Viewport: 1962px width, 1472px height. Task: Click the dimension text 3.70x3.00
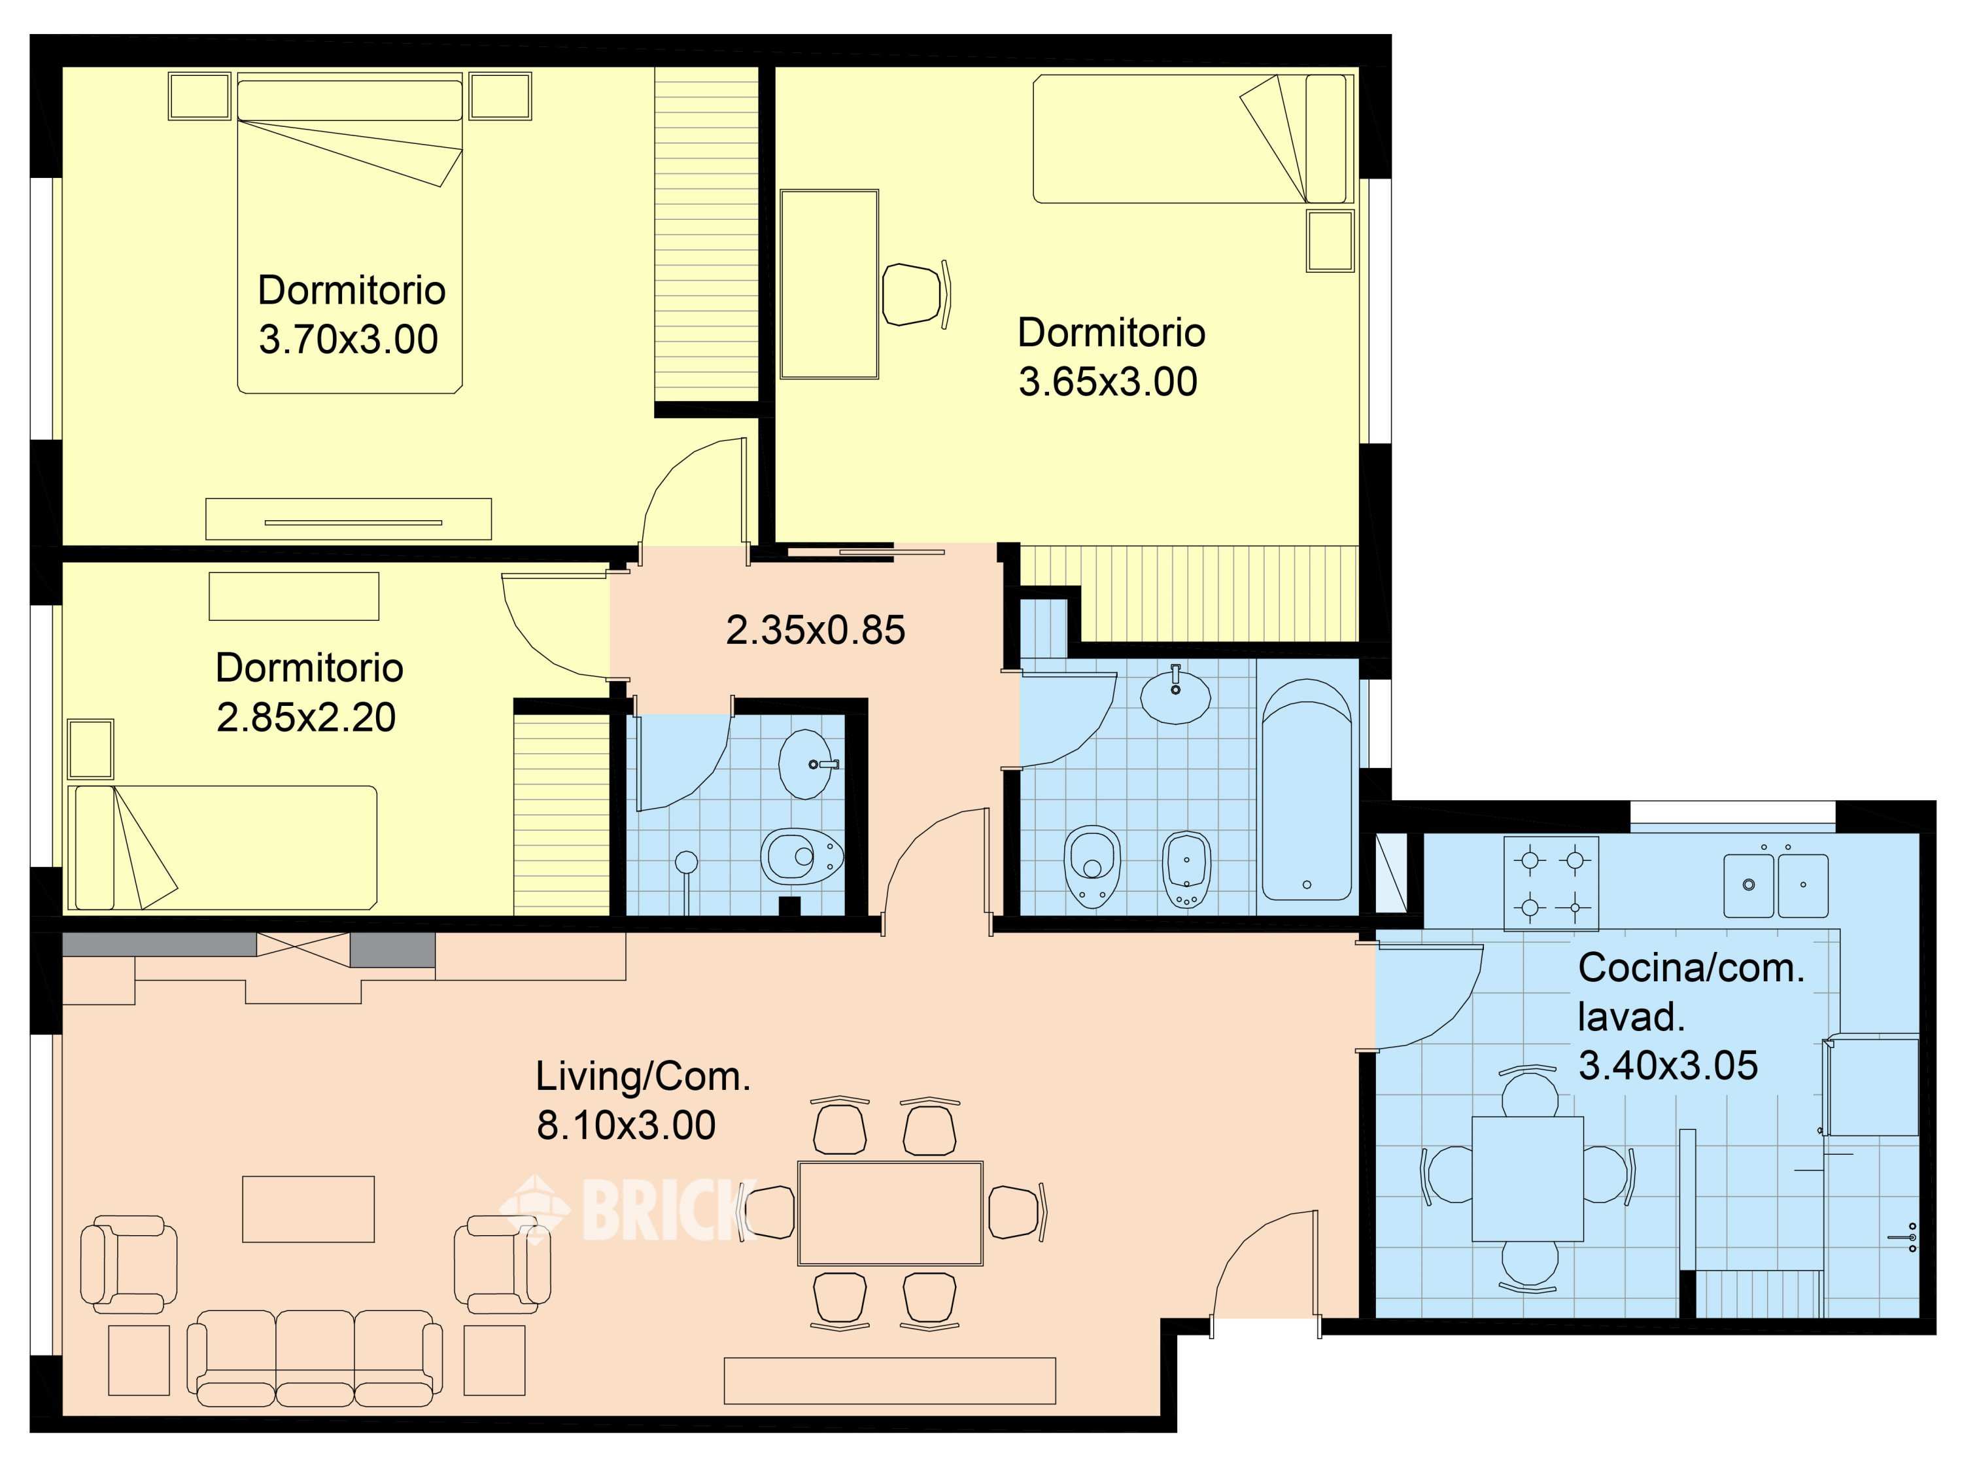coord(348,340)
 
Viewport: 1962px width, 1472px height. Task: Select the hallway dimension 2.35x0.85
coord(815,631)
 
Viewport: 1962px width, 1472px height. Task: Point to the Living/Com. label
coord(643,1077)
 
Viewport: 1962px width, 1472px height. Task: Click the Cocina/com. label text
coord(1691,968)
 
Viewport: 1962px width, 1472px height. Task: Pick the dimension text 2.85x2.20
coord(306,718)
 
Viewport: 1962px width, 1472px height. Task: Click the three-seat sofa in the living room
coord(315,1358)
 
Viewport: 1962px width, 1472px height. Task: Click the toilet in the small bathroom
coord(802,856)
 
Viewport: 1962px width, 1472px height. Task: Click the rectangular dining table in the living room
coord(889,1213)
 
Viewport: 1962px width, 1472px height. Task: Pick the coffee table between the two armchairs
coord(309,1208)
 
